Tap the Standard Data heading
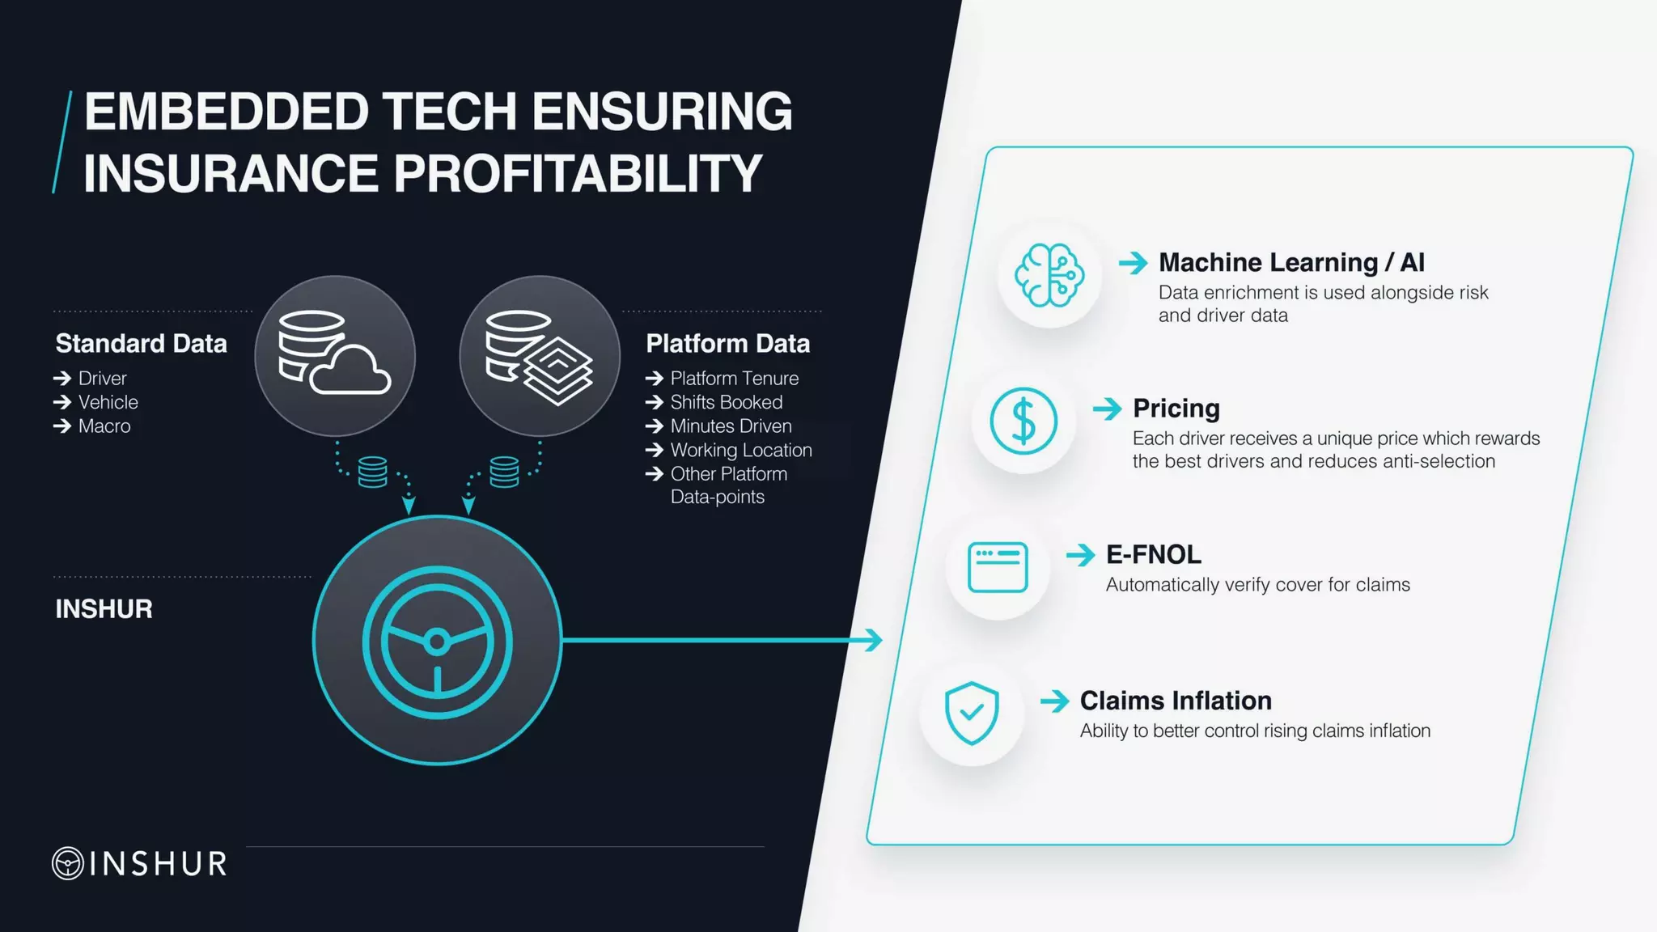pyautogui.click(x=141, y=344)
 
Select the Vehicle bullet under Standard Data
pyautogui.click(x=108, y=402)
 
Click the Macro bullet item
pyautogui.click(x=104, y=426)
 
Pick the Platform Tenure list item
pyautogui.click(x=734, y=379)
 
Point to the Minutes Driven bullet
pyautogui.click(x=731, y=426)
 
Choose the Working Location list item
pyautogui.click(x=740, y=450)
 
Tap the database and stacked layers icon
pyautogui.click(x=539, y=356)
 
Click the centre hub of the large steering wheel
pyautogui.click(x=437, y=642)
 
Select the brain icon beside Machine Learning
pyautogui.click(x=1049, y=276)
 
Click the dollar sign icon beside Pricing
pyautogui.click(x=1023, y=422)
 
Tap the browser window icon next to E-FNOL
pyautogui.click(x=998, y=567)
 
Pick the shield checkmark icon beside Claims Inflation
pyautogui.click(x=972, y=713)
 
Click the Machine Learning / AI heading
pyautogui.click(x=1291, y=263)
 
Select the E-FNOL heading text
pyautogui.click(x=1154, y=555)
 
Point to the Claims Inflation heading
pyautogui.click(x=1176, y=701)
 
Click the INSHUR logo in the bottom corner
pyautogui.click(x=140, y=863)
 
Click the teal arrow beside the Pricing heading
pyautogui.click(x=1107, y=409)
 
